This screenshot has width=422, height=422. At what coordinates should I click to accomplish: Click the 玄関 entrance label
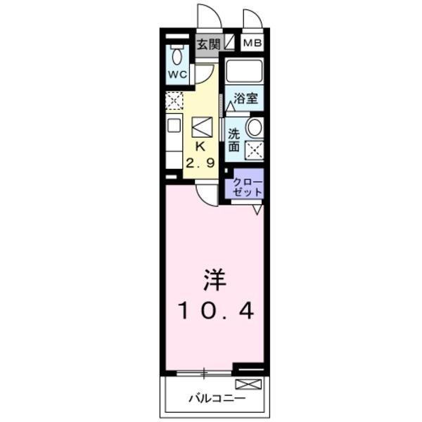tap(208, 44)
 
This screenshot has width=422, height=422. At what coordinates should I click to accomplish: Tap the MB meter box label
tap(252, 44)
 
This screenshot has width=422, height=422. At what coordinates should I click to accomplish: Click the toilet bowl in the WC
tap(177, 56)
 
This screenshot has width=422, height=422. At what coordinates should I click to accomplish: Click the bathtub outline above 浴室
tap(243, 72)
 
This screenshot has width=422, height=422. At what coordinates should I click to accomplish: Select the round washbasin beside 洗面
tap(254, 127)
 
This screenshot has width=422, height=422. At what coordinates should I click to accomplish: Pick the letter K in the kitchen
tap(200, 147)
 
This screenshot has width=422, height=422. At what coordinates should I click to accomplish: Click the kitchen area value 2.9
tap(200, 162)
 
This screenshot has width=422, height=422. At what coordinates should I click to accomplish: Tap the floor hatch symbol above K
tap(201, 127)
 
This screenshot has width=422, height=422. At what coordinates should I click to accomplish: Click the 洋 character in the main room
tap(215, 281)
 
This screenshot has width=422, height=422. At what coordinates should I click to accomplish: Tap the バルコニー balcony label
tap(217, 399)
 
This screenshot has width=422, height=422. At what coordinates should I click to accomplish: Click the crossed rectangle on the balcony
tap(248, 384)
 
